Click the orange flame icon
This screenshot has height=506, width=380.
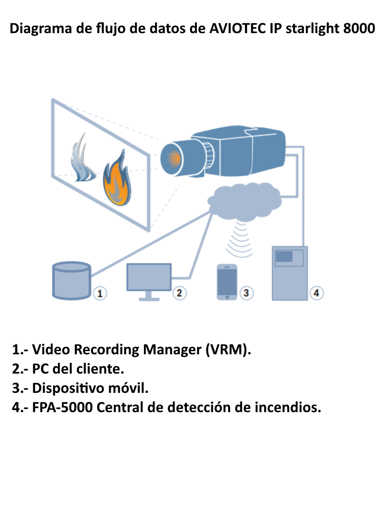(x=117, y=181)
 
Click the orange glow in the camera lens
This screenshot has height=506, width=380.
(x=173, y=158)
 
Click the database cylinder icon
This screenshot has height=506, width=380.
(x=72, y=280)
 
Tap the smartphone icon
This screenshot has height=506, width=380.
(x=227, y=282)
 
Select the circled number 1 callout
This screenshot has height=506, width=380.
(x=100, y=293)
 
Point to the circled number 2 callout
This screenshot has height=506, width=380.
(x=179, y=293)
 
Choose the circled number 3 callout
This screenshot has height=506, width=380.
(x=246, y=293)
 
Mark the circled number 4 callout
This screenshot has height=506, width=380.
(x=317, y=293)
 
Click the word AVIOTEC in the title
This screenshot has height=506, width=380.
(x=238, y=29)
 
